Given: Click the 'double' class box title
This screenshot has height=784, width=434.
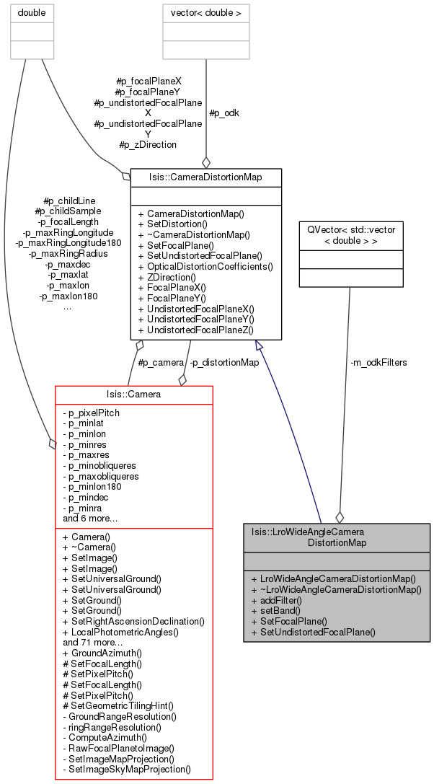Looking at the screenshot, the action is coord(32,13).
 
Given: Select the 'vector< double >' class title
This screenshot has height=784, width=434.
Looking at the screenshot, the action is coord(206,13).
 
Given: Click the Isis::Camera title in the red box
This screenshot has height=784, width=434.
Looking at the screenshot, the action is coord(134,394).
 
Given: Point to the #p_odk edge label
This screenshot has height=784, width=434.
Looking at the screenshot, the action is coord(224,113).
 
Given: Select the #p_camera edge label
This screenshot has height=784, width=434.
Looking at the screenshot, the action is coord(161,363).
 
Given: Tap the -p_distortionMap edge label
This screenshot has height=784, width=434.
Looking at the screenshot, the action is coord(224,363).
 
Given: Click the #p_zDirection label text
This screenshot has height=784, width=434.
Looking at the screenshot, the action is coord(148,145).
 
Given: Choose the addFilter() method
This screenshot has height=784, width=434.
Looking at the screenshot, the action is coord(277,600).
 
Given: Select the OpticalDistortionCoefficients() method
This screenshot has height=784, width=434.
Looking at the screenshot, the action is coord(205,266).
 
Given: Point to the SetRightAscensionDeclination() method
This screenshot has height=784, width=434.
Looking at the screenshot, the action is coord(133,622).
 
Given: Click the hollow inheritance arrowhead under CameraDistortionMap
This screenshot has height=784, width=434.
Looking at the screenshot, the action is coord(258,344).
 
